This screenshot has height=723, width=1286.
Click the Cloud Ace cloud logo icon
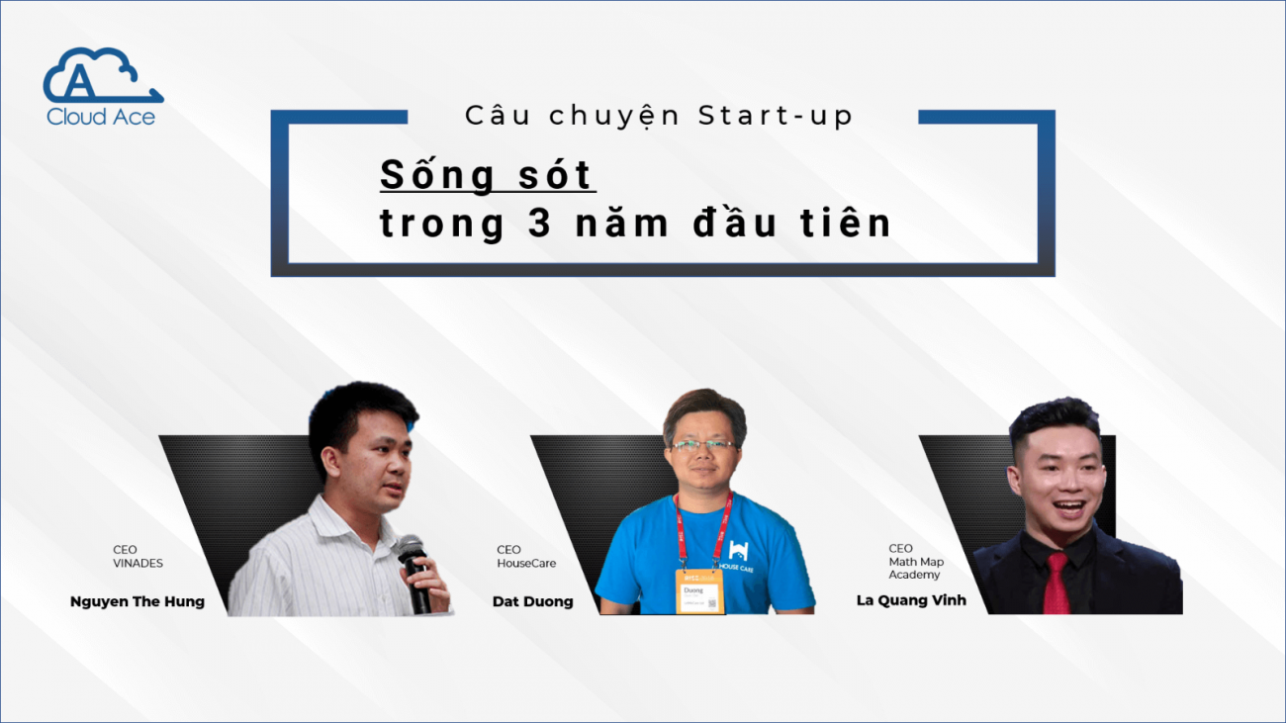103,75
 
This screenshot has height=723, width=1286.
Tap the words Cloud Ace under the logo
101,117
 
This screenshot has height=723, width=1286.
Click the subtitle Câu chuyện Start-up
659,117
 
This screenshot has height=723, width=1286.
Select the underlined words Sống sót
487,174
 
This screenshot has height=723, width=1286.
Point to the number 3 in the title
540,223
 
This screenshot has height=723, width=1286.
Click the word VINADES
138,564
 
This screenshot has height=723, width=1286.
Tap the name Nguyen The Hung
138,601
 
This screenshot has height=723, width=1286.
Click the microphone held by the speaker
415,572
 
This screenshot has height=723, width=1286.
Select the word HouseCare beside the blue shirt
526,564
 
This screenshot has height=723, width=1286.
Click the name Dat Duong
533,601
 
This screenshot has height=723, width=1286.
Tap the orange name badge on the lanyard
699,591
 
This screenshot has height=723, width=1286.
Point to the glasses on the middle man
703,445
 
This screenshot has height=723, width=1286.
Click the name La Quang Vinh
911,600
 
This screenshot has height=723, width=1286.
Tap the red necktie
1056,584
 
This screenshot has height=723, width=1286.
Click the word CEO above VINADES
125,550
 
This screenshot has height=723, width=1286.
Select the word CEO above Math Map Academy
900,549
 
